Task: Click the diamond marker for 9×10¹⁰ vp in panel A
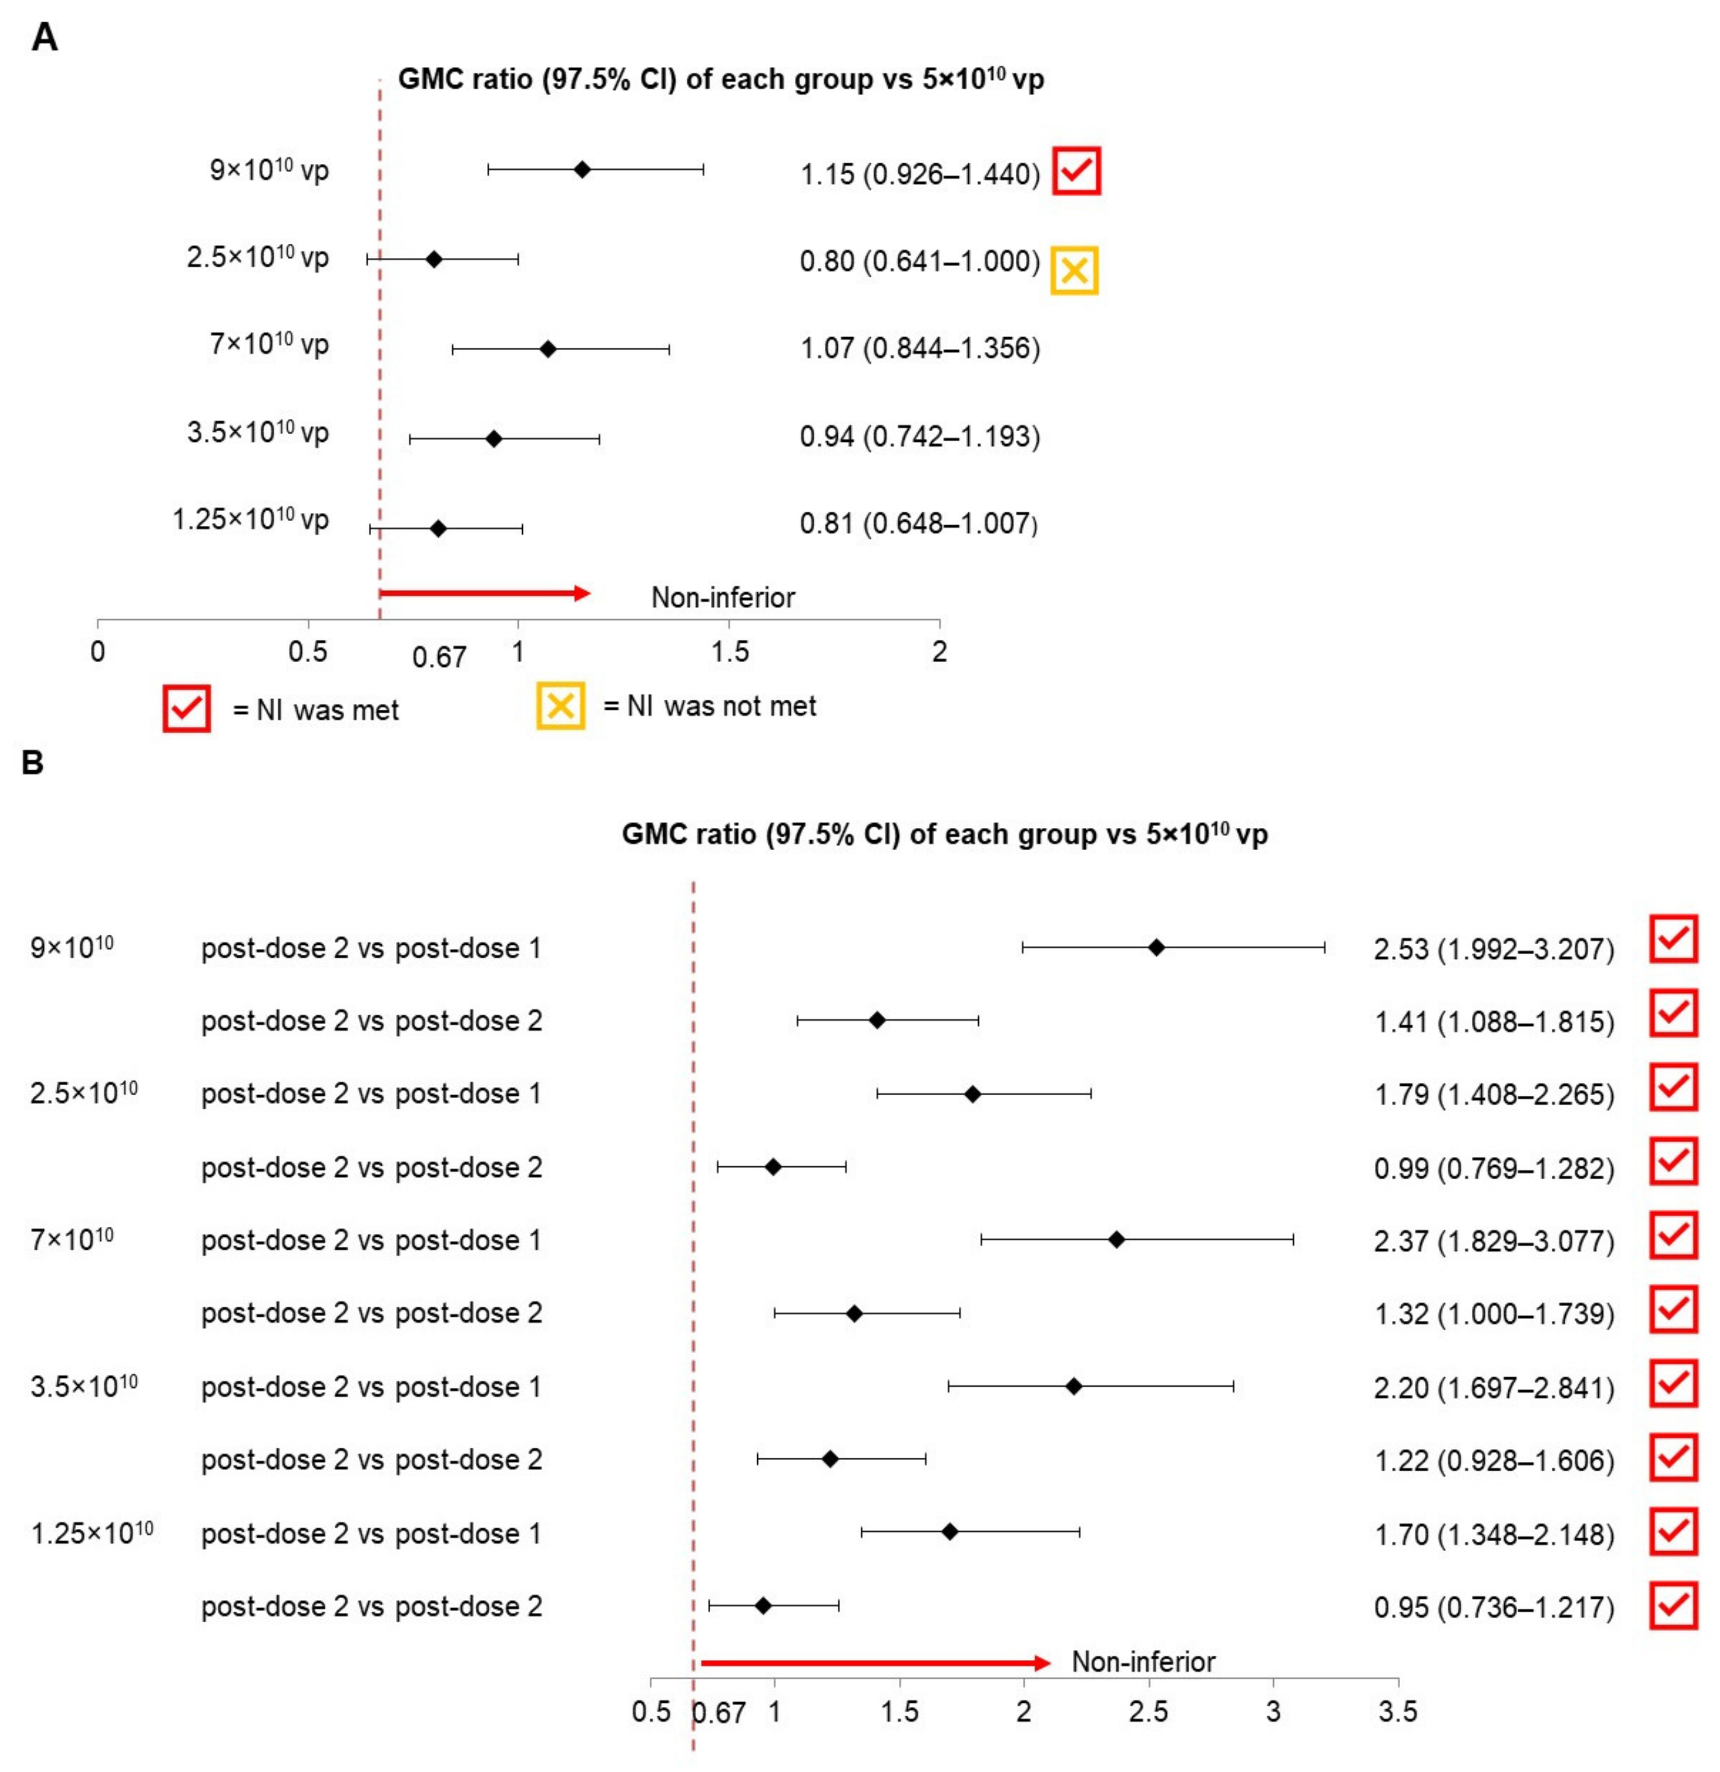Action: pyautogui.click(x=582, y=169)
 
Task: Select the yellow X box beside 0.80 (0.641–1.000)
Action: pyautogui.click(x=1073, y=270)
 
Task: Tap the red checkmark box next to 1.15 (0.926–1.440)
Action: pyautogui.click(x=1075, y=170)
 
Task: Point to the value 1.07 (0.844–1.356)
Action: pyautogui.click(x=920, y=348)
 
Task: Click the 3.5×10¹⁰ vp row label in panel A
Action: pyautogui.click(x=257, y=432)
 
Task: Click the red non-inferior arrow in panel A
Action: pyautogui.click(x=485, y=593)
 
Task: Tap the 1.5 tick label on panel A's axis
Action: pyautogui.click(x=729, y=651)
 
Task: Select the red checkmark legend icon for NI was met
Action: pyautogui.click(x=186, y=708)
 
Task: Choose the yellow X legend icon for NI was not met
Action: pyautogui.click(x=561, y=705)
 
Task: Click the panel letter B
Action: pyautogui.click(x=33, y=763)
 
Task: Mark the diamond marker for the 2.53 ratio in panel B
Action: pyautogui.click(x=1156, y=947)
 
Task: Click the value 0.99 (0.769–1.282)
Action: pyautogui.click(x=1494, y=1168)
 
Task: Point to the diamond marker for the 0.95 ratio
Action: pyautogui.click(x=763, y=1606)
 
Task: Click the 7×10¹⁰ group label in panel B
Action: pyautogui.click(x=72, y=1239)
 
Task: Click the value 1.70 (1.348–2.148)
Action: pyautogui.click(x=1494, y=1534)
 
